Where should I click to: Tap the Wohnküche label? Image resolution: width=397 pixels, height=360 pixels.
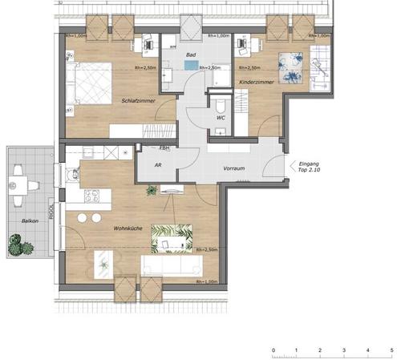coord(128,229)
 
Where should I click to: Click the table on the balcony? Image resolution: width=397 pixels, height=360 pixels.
coord(20,186)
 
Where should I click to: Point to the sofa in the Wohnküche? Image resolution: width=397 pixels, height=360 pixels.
coord(167,265)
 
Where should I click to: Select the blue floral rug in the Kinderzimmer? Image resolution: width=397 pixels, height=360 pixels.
coord(290,63)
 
